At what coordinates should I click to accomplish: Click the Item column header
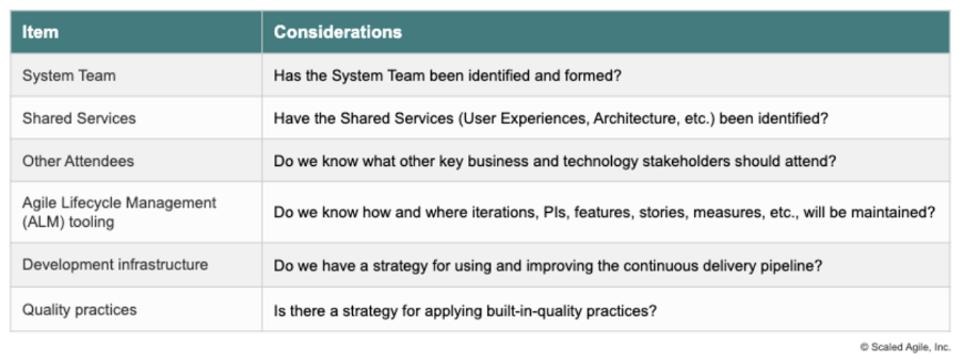tap(40, 32)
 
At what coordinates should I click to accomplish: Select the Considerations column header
tap(337, 32)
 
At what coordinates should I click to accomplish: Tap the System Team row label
tap(68, 76)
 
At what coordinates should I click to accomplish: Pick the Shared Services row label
tap(78, 118)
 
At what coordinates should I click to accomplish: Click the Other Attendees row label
tap(78, 161)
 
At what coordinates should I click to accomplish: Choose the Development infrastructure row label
tap(114, 264)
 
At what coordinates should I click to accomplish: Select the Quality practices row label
tap(79, 310)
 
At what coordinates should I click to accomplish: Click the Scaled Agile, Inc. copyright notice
tap(905, 347)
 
